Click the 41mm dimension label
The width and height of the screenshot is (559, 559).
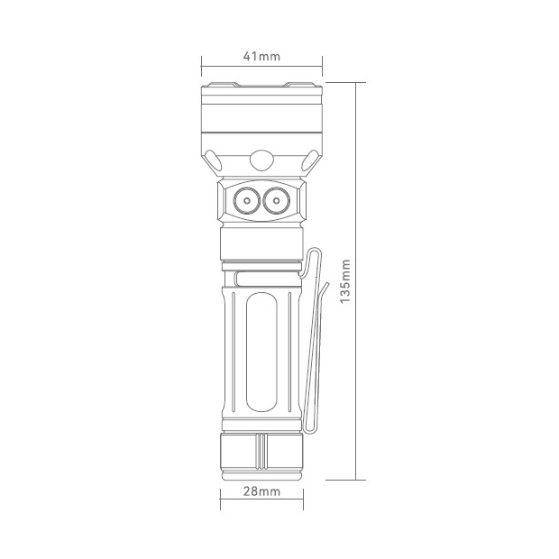[261, 56]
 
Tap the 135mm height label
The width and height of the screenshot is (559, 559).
[345, 281]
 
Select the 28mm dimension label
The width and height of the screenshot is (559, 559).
[261, 491]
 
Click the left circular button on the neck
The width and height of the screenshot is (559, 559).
[247, 201]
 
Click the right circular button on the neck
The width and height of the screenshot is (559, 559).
[276, 201]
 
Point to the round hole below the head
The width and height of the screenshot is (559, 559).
[261, 160]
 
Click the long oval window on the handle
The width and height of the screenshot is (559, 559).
[261, 353]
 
